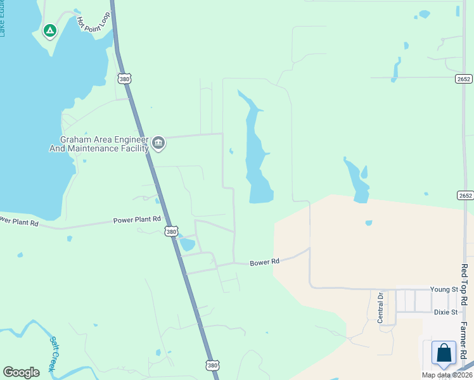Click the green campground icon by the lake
coord(49,30)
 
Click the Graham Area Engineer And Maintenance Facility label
coord(99,144)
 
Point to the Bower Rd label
coord(264,262)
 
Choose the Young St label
coord(444,289)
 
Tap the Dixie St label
coord(445,312)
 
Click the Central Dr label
coord(381,308)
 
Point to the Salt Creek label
coord(54,353)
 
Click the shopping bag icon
coord(444,353)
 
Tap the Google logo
coord(21,372)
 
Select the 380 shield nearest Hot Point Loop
coord(124,78)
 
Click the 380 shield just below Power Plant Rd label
coord(172,232)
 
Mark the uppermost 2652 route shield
coord(464,78)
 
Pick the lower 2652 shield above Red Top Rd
coord(465,195)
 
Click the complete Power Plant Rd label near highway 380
coord(137,220)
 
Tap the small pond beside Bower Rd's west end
coord(187,244)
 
